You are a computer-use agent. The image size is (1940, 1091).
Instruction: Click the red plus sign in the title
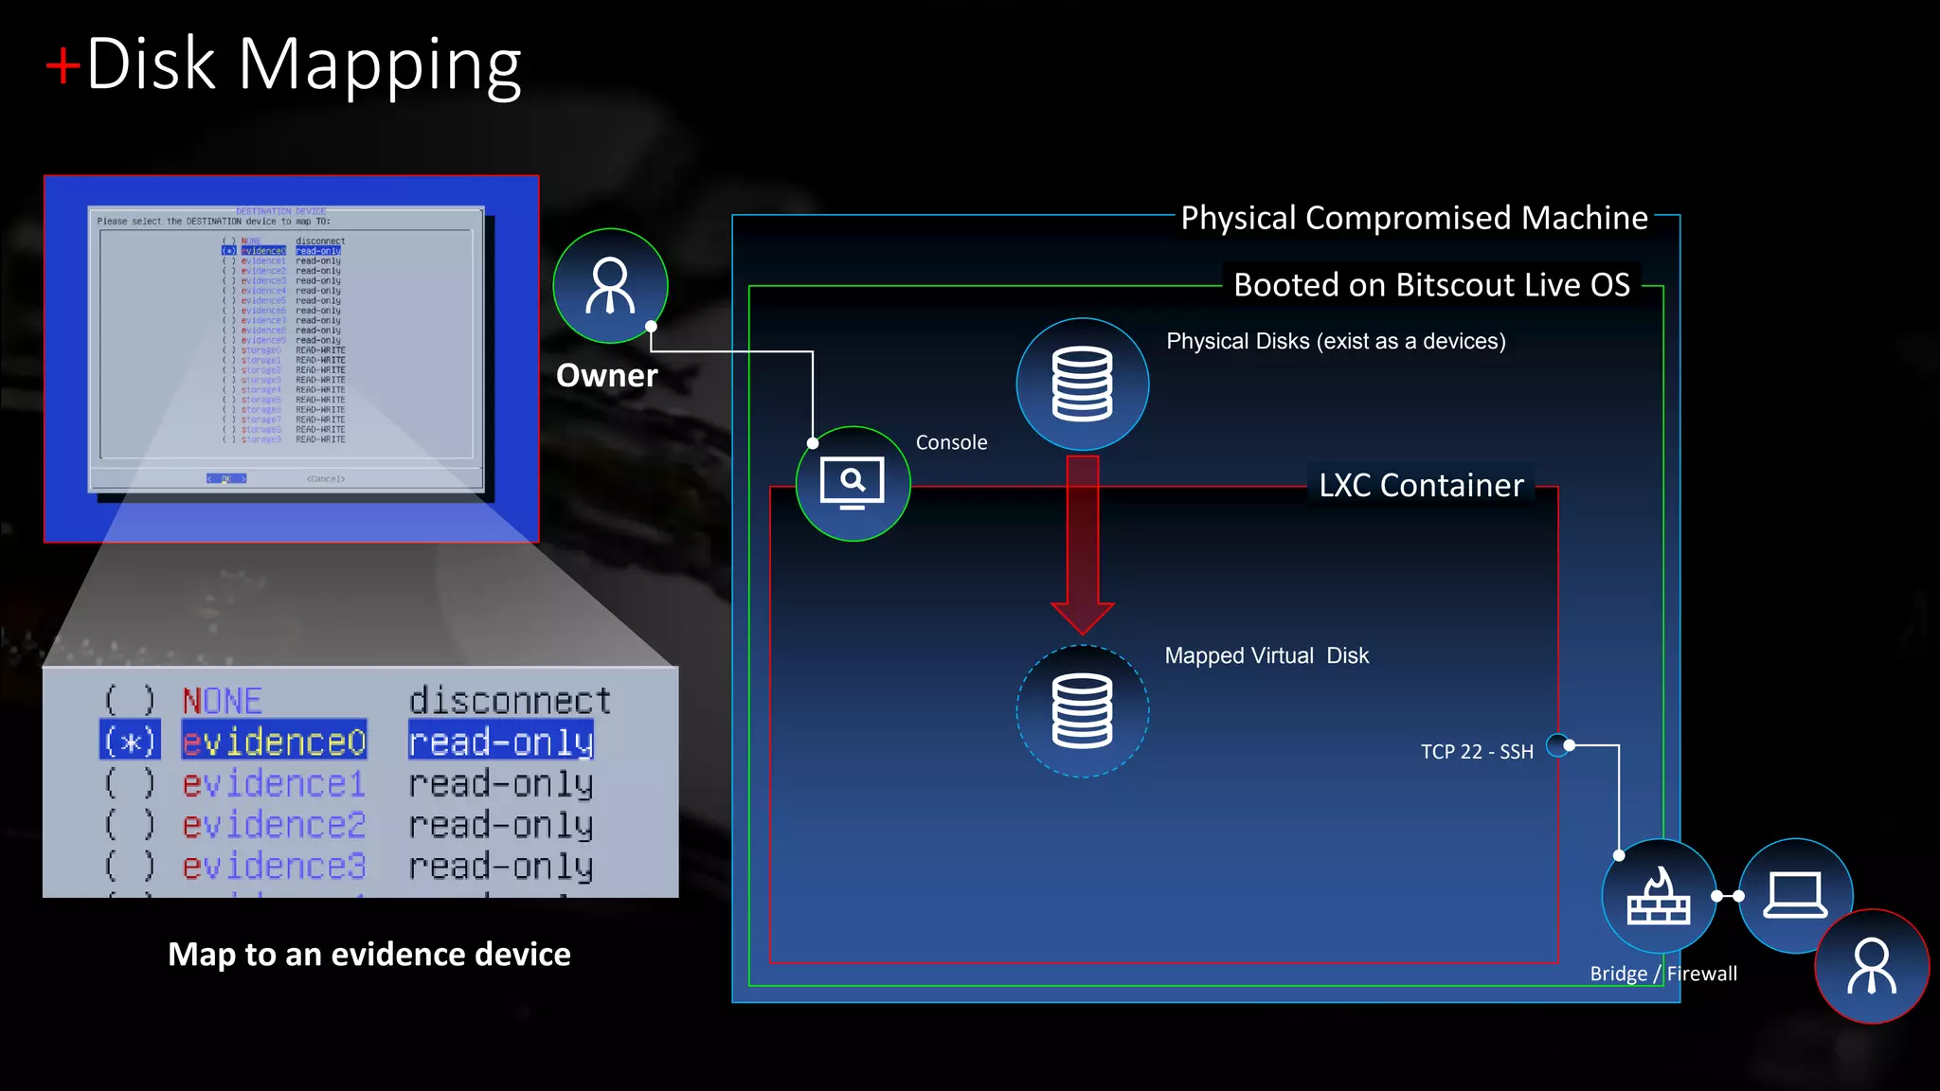(63, 66)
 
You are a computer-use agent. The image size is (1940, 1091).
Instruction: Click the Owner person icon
(610, 286)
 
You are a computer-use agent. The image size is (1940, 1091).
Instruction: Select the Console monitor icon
(853, 484)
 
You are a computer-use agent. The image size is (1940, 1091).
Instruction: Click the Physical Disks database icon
(1082, 385)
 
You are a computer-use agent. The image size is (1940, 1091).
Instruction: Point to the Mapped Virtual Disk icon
(1082, 711)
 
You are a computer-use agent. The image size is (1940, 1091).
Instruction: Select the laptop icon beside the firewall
(1795, 896)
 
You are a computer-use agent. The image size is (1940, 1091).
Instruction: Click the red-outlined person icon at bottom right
(1872, 966)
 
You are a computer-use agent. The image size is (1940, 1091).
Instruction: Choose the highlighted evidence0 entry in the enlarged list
(274, 742)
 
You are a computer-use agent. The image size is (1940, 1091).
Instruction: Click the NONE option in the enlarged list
(223, 701)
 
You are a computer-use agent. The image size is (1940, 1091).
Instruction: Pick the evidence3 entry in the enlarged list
(274, 867)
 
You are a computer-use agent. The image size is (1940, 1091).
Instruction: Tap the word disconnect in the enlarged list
(510, 701)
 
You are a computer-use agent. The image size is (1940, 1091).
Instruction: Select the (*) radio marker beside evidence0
(130, 742)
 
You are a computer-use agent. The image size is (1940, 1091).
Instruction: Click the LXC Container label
(1421, 486)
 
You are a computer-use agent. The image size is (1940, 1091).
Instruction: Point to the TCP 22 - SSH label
(1476, 752)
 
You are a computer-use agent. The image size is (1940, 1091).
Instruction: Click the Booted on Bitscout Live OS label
(1431, 285)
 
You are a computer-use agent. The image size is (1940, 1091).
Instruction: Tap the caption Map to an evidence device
(369, 955)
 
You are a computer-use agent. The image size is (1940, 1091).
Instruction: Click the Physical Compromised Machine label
(1414, 218)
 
